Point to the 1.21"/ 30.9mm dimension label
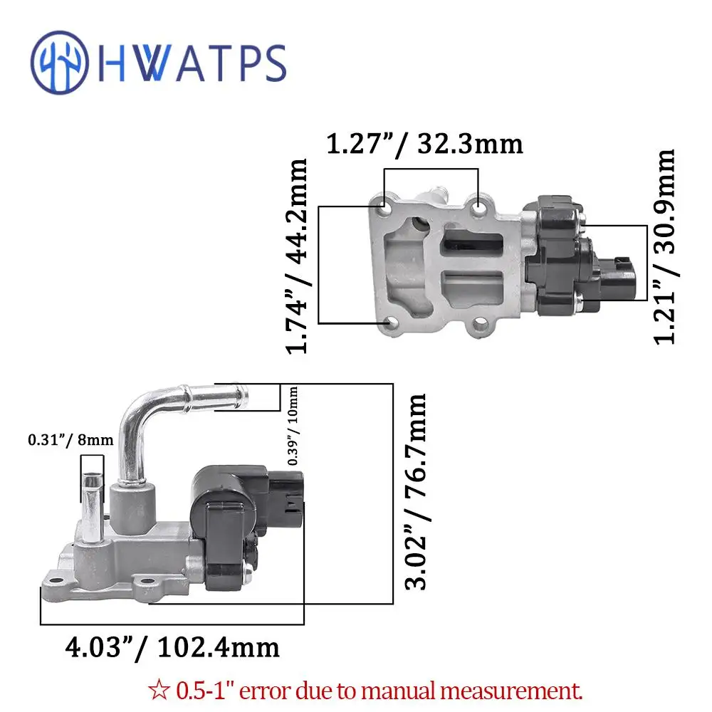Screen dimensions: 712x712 665,246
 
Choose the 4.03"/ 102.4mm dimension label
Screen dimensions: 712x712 172,647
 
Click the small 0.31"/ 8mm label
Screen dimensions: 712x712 70,440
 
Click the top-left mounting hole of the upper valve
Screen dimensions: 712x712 384,211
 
